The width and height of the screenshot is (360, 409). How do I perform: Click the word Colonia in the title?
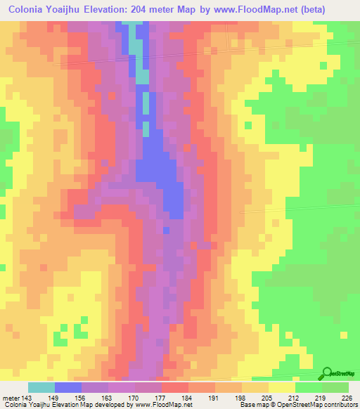(x=31, y=10)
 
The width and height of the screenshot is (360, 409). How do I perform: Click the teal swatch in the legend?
(x=41, y=387)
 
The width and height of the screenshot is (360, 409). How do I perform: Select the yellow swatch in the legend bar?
(x=282, y=387)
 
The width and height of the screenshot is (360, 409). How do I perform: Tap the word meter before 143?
(x=11, y=397)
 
